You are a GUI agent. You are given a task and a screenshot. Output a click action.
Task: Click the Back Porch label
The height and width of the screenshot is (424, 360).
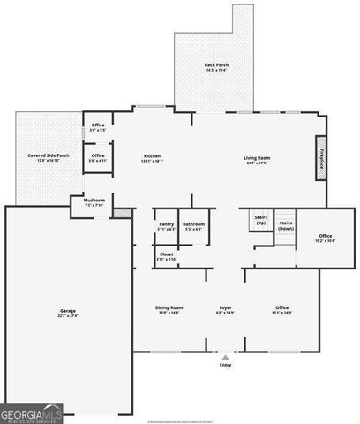pos(213,67)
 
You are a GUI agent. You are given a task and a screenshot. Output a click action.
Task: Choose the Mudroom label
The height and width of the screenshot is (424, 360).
pos(94,202)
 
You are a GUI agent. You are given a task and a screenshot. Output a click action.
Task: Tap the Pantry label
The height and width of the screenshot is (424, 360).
pos(167,226)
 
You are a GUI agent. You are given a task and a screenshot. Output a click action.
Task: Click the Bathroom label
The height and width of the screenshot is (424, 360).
pos(194,226)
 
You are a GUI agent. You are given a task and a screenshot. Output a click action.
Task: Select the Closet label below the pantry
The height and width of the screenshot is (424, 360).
pos(167,256)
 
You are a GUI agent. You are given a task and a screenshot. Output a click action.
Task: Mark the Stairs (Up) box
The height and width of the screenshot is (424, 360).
pos(261,219)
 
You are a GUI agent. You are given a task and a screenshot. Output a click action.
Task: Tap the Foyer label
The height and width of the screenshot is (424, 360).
pos(225,310)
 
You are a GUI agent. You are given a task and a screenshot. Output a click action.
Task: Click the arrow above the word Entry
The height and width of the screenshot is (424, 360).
pos(225,355)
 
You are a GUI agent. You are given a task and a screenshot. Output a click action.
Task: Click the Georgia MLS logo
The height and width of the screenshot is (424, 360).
pos(32,413)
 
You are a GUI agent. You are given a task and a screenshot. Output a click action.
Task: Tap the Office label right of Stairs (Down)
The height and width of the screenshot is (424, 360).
pos(326,238)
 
